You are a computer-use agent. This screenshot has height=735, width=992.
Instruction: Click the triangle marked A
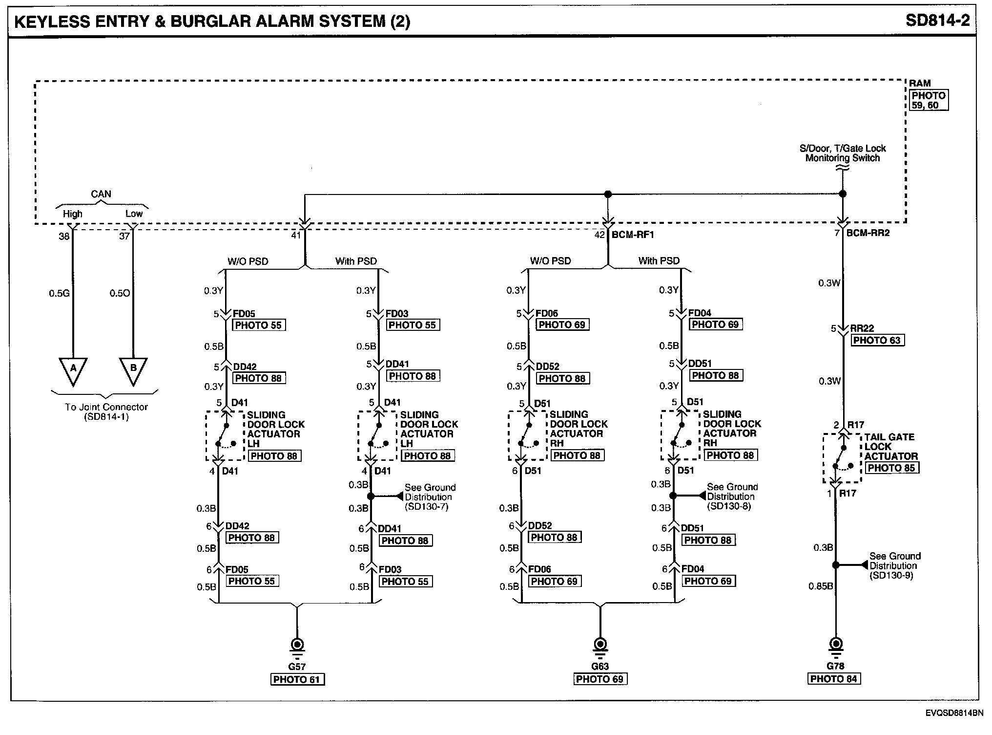pyautogui.click(x=73, y=369)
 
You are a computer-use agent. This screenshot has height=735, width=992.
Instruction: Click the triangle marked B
pyautogui.click(x=133, y=369)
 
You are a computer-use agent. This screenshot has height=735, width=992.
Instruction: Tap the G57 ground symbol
pyautogui.click(x=297, y=646)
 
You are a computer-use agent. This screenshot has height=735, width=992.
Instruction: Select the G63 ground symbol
pyautogui.click(x=600, y=646)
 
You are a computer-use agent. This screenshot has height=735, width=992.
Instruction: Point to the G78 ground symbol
pyautogui.click(x=836, y=646)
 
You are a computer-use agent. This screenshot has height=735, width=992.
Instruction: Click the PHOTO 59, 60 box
pyautogui.click(x=929, y=100)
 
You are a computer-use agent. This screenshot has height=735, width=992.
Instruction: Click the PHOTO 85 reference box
pyautogui.click(x=891, y=468)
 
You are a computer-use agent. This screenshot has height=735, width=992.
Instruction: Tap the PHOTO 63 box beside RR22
pyautogui.click(x=877, y=340)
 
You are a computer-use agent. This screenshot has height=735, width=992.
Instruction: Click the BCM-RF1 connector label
pyautogui.click(x=633, y=235)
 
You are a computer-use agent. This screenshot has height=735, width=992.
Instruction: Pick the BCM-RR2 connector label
pyautogui.click(x=868, y=233)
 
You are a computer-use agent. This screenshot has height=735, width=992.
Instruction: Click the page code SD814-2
pyautogui.click(x=937, y=21)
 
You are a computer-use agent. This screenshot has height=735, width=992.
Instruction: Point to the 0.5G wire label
pyautogui.click(x=59, y=293)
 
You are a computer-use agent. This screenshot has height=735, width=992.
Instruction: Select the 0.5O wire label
pyautogui.click(x=120, y=293)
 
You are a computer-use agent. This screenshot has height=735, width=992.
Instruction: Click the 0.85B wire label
pyautogui.click(x=821, y=586)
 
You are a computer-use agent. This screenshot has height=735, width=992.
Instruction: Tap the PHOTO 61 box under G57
pyautogui.click(x=297, y=679)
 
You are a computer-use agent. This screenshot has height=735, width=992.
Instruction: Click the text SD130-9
pyautogui.click(x=891, y=576)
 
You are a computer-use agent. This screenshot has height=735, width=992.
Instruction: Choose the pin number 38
pyautogui.click(x=64, y=237)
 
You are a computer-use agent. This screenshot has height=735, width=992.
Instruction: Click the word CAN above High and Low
pyautogui.click(x=101, y=194)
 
